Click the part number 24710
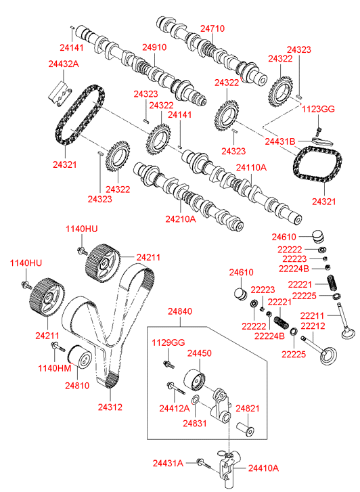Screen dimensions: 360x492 212,28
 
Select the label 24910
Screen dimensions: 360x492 154,47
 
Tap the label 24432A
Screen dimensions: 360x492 64,64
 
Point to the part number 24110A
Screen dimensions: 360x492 251,168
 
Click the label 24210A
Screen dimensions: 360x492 181,219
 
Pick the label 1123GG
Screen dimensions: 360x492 318,109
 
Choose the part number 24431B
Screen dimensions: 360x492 280,141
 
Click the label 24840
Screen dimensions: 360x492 180,311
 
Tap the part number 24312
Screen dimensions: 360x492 110,407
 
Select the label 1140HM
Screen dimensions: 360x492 55,368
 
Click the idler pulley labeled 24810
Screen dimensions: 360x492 80,358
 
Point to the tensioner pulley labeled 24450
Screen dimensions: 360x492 194,380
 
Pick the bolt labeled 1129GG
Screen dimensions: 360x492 168,364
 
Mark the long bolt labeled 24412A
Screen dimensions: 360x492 177,388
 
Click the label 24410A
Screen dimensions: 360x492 263,468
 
